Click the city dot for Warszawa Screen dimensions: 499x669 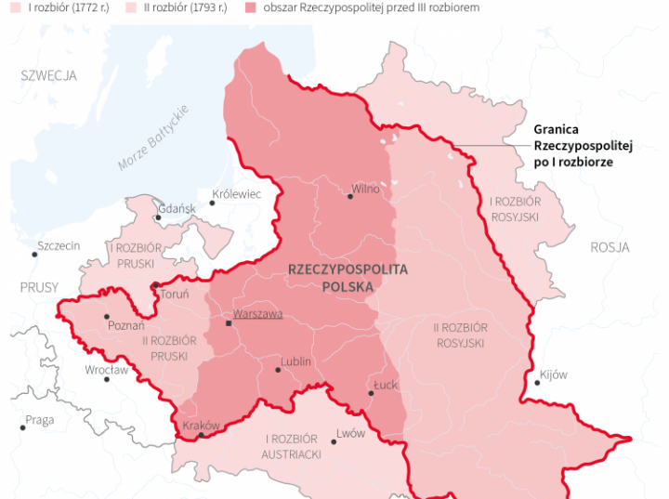(229, 323)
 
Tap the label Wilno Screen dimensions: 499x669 (365, 190)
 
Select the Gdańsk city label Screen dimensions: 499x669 (177, 209)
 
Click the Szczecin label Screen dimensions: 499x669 (59, 246)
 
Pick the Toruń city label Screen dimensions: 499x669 (174, 295)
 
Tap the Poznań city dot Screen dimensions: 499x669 (106, 316)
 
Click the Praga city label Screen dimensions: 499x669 (40, 420)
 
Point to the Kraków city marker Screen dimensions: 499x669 (201, 435)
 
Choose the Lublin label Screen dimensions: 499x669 (296, 361)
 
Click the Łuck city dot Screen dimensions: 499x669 (371, 393)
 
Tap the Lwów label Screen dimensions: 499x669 (351, 433)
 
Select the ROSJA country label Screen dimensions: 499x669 (610, 247)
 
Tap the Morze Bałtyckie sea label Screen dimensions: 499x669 (153, 138)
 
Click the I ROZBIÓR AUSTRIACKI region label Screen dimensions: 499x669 (293, 446)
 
